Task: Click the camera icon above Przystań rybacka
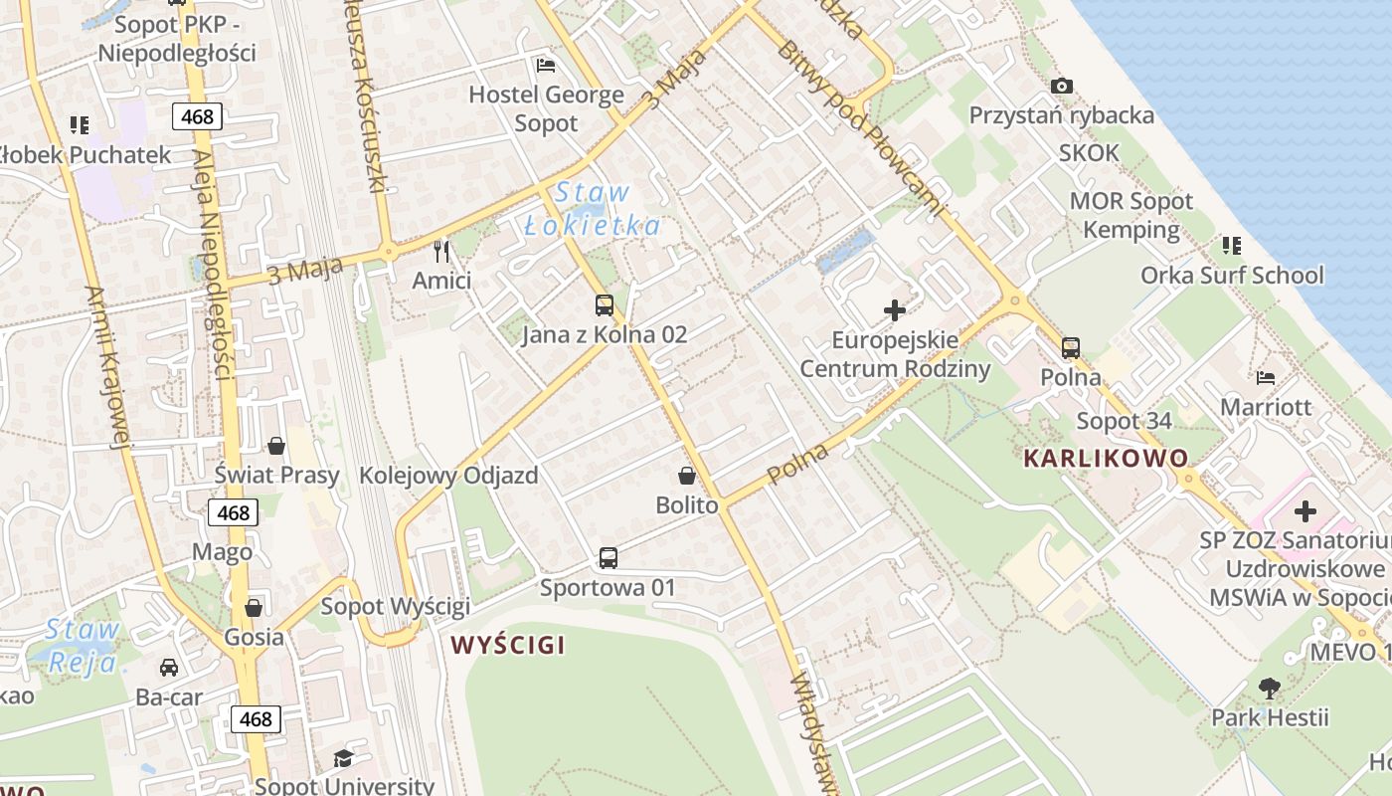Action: pos(1062,87)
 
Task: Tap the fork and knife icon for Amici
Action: pos(441,251)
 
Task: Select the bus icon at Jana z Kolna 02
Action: pos(605,305)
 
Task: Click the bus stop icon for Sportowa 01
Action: pos(609,558)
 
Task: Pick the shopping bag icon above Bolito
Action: pos(686,476)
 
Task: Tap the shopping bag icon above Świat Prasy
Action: pos(276,446)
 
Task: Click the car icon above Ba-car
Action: pos(169,668)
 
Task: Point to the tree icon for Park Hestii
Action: pos(1269,687)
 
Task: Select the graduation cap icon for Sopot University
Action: pos(343,758)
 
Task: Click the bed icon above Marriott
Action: pos(1266,377)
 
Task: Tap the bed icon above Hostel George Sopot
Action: pos(546,66)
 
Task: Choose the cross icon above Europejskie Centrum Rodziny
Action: pos(895,310)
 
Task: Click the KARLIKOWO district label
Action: pos(1105,459)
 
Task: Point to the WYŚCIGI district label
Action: pos(507,645)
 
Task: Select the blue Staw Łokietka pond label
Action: pos(592,209)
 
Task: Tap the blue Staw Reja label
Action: pos(84,645)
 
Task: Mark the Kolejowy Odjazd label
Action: pos(448,476)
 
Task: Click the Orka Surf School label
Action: pos(1232,275)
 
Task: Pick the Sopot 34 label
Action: pos(1124,421)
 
